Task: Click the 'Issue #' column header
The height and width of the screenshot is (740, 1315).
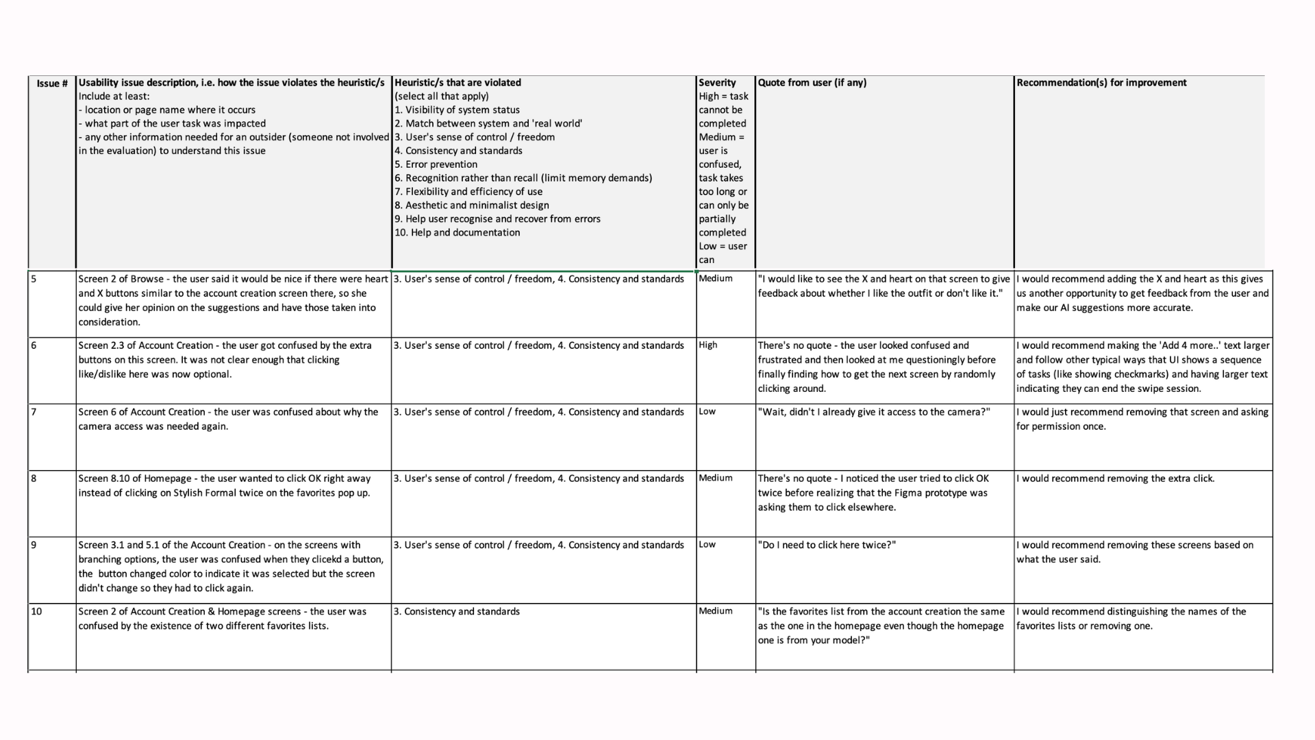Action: point(52,84)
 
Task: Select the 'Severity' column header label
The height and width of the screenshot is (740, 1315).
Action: point(717,83)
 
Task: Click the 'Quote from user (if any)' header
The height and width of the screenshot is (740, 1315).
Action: point(812,83)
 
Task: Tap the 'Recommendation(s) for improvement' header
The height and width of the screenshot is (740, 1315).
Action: point(1101,83)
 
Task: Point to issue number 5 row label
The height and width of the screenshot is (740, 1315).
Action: point(34,279)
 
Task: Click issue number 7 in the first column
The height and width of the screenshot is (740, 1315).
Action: point(34,412)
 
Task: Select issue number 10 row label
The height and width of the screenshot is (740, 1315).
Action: point(36,611)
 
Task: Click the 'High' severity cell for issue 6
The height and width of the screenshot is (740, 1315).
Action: point(708,345)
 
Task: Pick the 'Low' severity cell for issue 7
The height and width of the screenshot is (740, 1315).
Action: point(707,411)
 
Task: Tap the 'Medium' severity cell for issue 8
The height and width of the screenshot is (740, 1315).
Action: point(715,478)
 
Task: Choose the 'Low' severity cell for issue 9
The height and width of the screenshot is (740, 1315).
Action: point(707,544)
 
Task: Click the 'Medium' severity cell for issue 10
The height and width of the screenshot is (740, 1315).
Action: point(715,610)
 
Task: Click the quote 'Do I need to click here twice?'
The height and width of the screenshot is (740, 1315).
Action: point(827,545)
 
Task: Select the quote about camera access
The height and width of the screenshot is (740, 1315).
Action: point(873,412)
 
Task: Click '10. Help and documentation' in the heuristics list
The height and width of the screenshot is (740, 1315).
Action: point(457,232)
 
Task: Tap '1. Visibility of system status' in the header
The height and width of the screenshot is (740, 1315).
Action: point(457,110)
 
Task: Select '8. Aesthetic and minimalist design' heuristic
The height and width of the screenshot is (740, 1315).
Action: point(471,205)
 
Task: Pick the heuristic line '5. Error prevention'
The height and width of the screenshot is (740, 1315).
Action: point(436,164)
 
